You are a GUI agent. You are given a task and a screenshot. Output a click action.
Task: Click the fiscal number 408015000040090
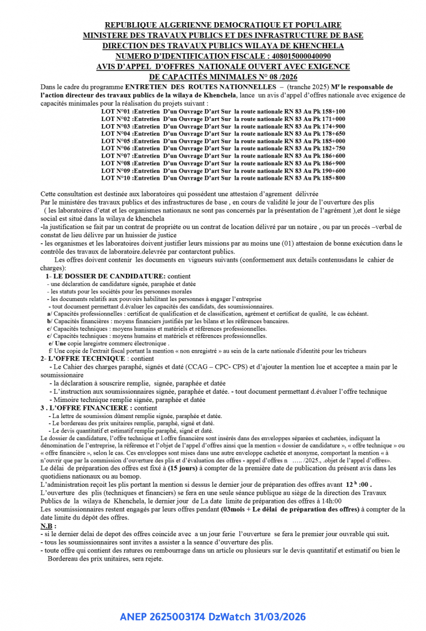299,56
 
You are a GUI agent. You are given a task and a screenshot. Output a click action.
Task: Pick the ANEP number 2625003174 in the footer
177,617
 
